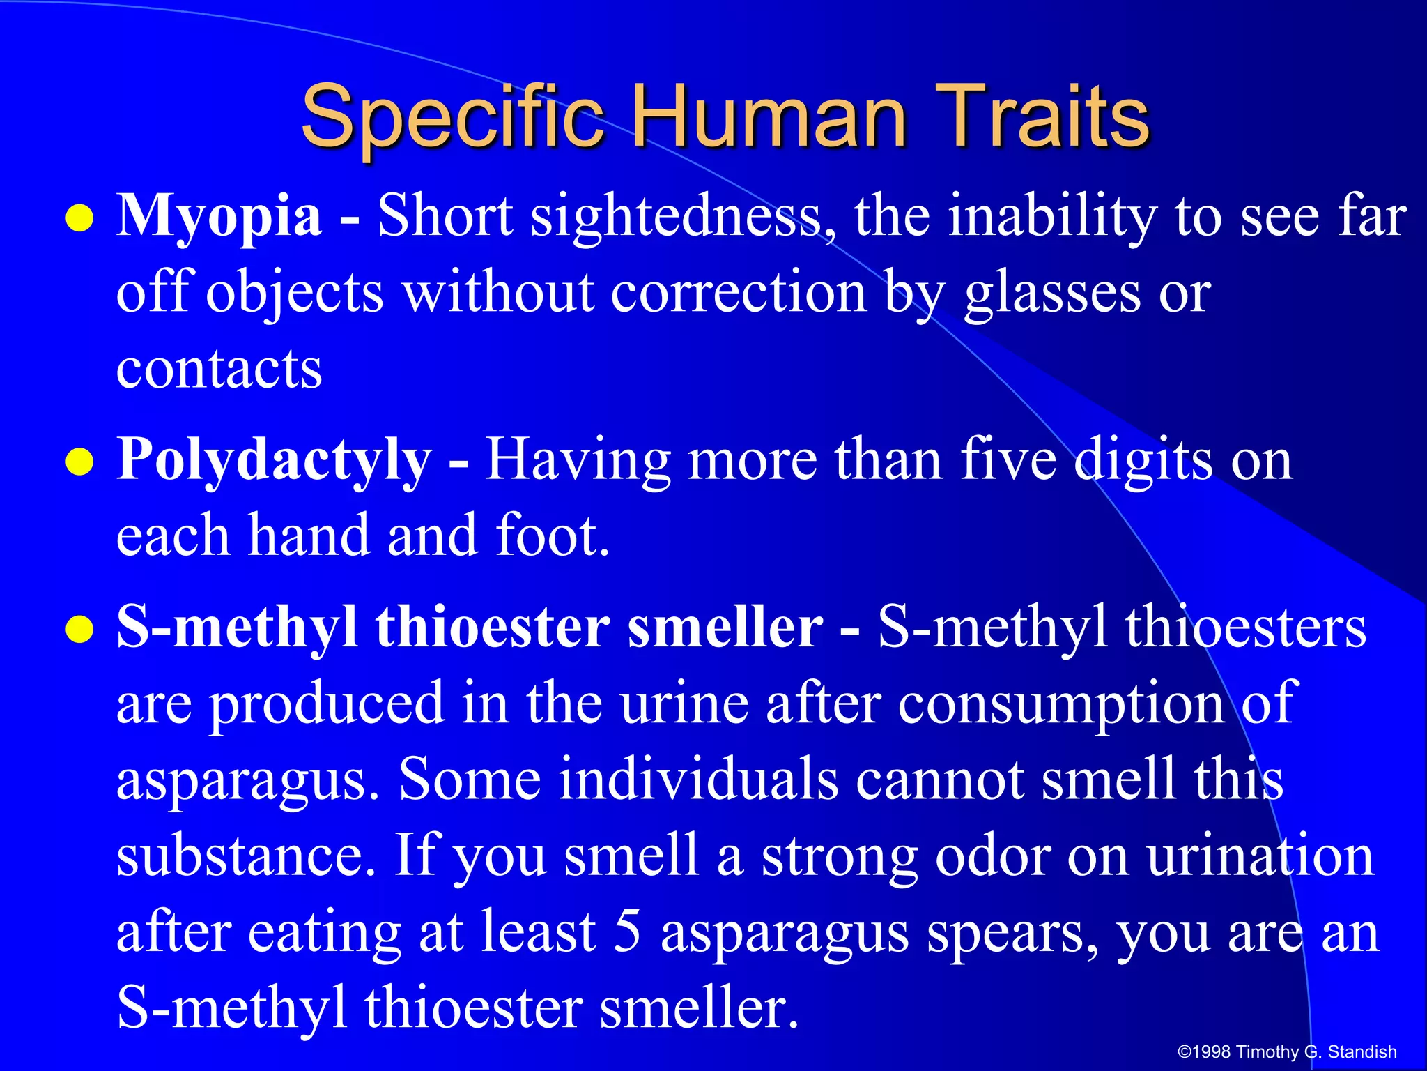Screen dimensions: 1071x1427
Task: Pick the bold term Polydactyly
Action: [274, 461]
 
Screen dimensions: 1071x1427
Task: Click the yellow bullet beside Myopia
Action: [79, 219]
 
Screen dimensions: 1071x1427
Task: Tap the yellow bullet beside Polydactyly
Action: [79, 462]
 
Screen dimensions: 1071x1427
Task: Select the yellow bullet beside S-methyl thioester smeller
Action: [79, 630]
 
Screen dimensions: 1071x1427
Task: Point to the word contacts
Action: [219, 369]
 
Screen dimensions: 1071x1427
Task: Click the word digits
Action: [1143, 461]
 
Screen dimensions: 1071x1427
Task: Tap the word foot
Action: [552, 536]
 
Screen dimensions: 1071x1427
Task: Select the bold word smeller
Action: [725, 628]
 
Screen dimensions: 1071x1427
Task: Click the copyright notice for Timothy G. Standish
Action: [1286, 1051]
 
